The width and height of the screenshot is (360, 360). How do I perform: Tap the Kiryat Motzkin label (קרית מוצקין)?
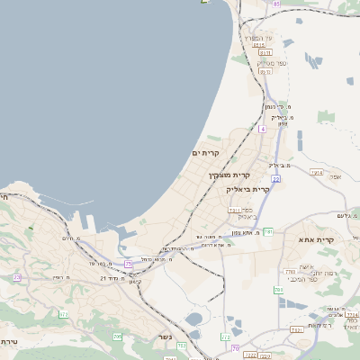[x=228, y=175]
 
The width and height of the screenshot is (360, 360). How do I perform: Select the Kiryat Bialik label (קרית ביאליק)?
[x=248, y=190]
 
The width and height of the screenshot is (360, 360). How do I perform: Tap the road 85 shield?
[x=277, y=4]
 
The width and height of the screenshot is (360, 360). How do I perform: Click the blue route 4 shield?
[x=262, y=130]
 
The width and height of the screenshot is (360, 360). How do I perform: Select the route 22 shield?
[x=275, y=179]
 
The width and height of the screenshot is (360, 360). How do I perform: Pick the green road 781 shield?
[x=267, y=232]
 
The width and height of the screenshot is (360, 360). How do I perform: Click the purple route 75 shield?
[x=128, y=264]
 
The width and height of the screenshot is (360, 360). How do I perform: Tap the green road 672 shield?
[x=64, y=314]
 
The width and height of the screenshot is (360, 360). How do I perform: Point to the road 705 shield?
[x=117, y=337]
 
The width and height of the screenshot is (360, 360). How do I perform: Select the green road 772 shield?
[x=226, y=337]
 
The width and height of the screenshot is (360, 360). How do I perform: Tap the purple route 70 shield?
[x=236, y=348]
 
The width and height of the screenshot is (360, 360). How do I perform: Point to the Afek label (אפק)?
[x=335, y=176]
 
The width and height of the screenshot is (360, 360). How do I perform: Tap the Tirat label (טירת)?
[x=9, y=342]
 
